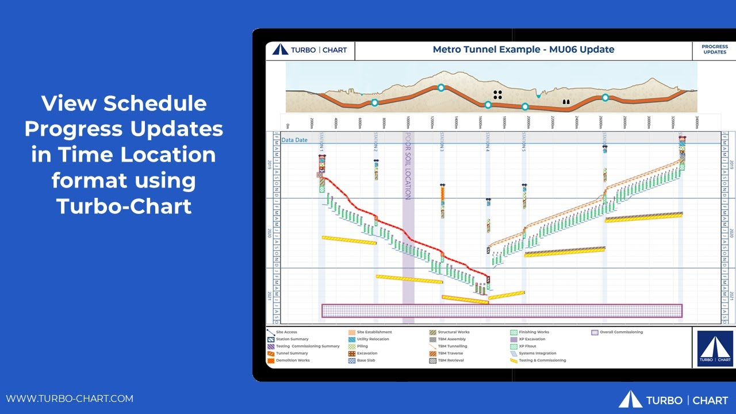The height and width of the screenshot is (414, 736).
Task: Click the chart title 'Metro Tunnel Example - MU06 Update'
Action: pos(523,49)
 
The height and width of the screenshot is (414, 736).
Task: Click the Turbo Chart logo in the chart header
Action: pos(310,50)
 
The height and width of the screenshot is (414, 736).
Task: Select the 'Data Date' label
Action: pos(294,140)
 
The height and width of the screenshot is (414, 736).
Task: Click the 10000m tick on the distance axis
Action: pos(408,122)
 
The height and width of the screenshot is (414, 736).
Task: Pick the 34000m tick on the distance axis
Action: pos(697,122)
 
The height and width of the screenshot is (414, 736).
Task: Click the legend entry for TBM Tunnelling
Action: pos(452,346)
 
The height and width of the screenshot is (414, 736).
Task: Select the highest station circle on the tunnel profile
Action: pos(441,88)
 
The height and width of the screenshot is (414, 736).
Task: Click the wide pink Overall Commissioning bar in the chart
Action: pos(501,311)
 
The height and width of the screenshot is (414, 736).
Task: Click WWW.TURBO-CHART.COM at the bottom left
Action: pos(70,398)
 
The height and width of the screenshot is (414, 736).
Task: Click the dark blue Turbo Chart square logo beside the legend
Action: pos(715,348)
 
